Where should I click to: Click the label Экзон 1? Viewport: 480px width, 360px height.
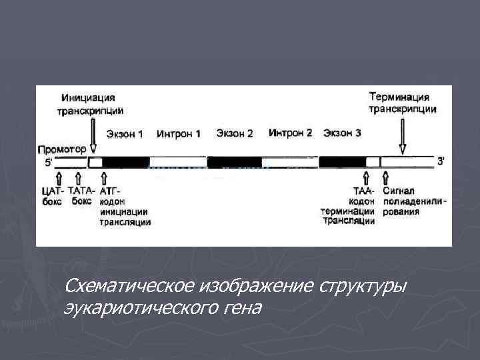tap(124, 134)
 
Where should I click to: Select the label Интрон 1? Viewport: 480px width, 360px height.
tap(179, 134)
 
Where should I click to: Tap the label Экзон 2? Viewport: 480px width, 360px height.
tap(234, 134)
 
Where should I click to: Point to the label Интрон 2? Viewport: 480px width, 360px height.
tap(290, 133)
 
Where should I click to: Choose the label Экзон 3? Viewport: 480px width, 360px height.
tap(342, 133)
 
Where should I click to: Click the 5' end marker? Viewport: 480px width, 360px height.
tap(47, 161)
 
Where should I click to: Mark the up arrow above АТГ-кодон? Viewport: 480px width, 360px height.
tap(103, 179)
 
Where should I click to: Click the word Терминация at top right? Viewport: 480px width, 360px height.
tap(399, 97)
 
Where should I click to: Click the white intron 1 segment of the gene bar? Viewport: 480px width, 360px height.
tap(177, 162)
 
